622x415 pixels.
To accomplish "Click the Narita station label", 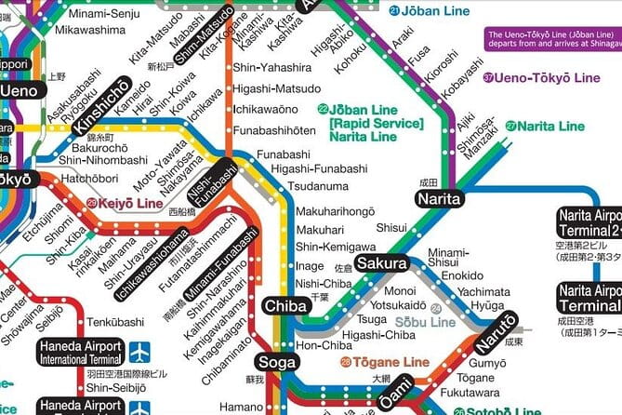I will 439,200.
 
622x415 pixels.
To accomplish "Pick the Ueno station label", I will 20,91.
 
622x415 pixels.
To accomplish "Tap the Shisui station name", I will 390,225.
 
